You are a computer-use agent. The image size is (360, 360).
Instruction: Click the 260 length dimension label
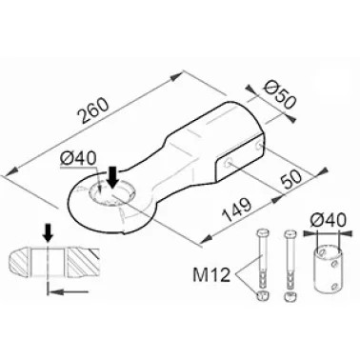pos(94,110)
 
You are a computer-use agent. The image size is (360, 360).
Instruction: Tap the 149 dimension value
pos(237,210)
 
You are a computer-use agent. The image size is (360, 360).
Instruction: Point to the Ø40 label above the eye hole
pos(78,158)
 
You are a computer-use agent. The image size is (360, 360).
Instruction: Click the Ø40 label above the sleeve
pos(327,220)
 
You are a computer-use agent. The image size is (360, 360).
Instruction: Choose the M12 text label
pos(211,275)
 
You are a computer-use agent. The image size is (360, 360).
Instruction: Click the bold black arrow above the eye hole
pos(112,179)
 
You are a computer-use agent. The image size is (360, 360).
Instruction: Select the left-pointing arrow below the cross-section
pos(68,290)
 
